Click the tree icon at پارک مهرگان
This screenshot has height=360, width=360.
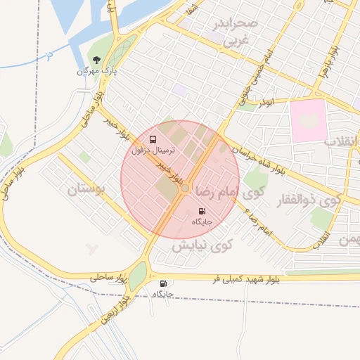[x=96, y=60]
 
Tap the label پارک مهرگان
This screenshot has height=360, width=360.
[x=96, y=71]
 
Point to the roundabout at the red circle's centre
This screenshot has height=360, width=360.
[x=185, y=188]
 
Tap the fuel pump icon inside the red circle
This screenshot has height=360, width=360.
[x=202, y=211]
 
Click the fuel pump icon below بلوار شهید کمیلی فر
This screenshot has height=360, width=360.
[x=164, y=283]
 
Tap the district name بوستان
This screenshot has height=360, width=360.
[x=97, y=189]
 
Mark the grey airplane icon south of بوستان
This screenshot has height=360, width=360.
[x=91, y=248]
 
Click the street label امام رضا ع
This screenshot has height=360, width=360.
[x=255, y=219]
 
